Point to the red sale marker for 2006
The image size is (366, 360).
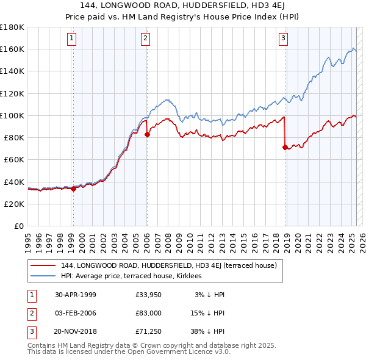tap(147, 135)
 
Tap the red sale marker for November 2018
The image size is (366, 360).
tap(285, 147)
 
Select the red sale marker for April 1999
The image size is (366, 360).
tap(73, 189)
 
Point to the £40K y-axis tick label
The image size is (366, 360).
tap(14, 182)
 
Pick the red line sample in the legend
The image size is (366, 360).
tap(43, 265)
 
